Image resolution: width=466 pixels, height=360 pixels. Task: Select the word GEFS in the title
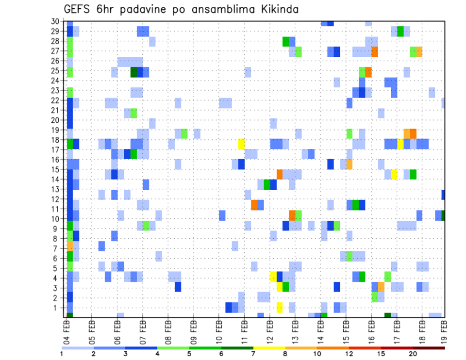pos(77,9)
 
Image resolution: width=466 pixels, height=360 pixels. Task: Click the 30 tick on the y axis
pos(55,21)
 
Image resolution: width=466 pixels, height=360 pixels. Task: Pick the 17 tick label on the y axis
pos(55,150)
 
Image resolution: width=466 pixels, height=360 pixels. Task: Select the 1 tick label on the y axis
pos(57,308)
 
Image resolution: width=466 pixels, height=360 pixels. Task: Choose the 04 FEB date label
pos(67,328)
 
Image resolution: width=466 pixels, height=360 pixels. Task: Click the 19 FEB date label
pos(444,328)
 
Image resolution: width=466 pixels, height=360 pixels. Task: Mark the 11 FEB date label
pos(244,328)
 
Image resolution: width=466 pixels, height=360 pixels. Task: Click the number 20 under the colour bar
pos(413,354)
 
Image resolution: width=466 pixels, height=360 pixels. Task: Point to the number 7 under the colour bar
pos(253,354)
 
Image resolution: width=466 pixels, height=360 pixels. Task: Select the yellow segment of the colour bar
pos(269,347)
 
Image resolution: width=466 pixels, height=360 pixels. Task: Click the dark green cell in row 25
pos(133,72)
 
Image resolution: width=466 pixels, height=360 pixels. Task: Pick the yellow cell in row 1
pos(279,308)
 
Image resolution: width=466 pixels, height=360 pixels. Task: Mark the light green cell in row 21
pos(133,113)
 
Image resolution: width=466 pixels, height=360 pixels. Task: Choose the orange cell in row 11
pos(254,205)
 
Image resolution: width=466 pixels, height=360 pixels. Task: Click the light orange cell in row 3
pos(381,287)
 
